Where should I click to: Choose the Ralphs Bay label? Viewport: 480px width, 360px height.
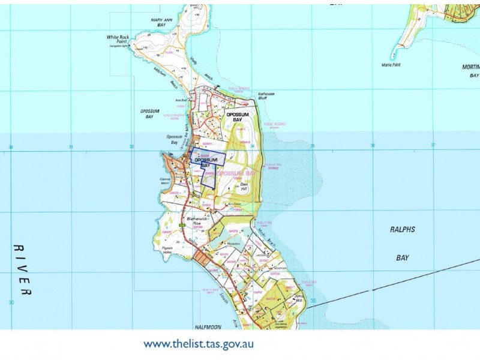401,244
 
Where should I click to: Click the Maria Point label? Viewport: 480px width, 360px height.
391,65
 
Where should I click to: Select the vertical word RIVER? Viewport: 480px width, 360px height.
23,269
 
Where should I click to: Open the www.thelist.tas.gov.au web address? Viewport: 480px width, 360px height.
198,344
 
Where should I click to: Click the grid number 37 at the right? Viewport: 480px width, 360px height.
433,145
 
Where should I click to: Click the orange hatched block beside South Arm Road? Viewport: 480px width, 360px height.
202,258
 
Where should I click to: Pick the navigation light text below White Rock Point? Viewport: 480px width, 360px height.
118,46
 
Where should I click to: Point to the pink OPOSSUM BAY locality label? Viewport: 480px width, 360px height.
236,173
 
